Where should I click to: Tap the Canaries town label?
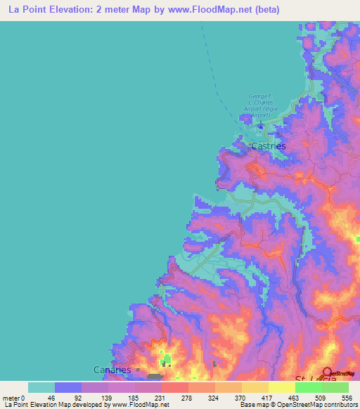[111, 370]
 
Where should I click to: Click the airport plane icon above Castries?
[260, 126]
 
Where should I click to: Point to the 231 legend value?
[161, 398]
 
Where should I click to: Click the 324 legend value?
[214, 398]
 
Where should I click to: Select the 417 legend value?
[268, 398]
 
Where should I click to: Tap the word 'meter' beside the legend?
[11, 398]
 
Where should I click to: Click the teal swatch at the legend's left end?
[41, 387]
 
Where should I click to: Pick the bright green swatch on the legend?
[308, 387]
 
